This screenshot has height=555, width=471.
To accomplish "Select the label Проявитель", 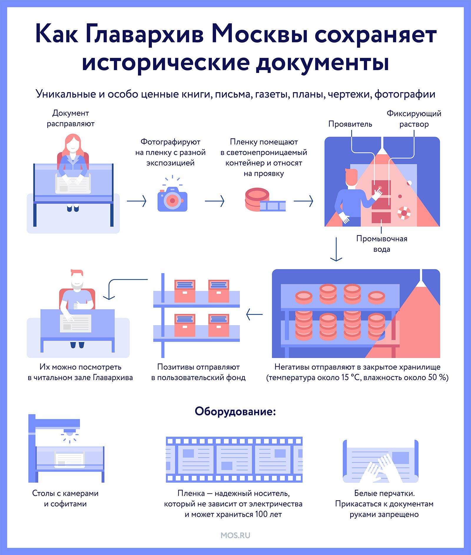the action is (x=350, y=124).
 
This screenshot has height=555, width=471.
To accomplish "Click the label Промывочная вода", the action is (x=382, y=244).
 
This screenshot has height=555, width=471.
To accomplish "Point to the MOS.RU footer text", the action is (x=235, y=535).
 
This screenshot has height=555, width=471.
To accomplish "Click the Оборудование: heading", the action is (x=235, y=411).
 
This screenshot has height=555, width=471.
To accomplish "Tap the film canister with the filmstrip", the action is (x=265, y=200).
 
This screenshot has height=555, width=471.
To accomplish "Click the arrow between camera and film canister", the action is (x=215, y=201).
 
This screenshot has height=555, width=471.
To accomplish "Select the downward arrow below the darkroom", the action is (x=336, y=249).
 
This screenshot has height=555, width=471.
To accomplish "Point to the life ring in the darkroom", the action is (x=404, y=213).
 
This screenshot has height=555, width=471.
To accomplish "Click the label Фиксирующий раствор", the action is (x=414, y=119).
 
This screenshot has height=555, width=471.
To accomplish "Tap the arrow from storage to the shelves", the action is (x=254, y=314).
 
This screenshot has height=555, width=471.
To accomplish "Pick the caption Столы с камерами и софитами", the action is (x=65, y=498).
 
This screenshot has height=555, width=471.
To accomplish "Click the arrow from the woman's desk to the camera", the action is (x=137, y=201).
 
